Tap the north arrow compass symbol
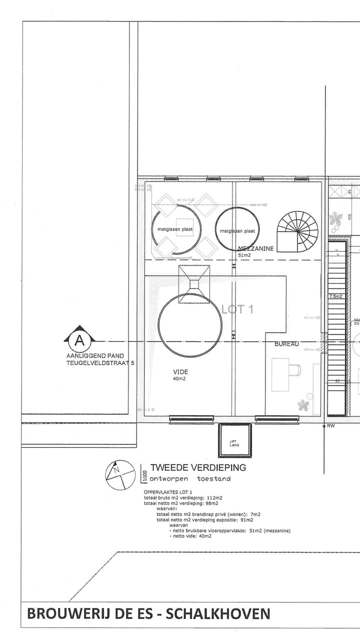pos(120,474)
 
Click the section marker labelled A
pos(78,340)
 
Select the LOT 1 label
pos(237,309)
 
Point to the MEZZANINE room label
pos(255,248)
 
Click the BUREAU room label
pos(286,344)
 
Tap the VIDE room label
pos(180,372)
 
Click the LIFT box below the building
pos(234,440)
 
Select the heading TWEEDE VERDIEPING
pos(198,468)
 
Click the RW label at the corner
pos(331,426)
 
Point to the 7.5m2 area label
pos(335,297)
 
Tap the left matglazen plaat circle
pos(172,229)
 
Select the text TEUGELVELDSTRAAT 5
pos(100,364)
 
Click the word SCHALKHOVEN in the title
pos(217,614)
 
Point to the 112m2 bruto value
pos(214,498)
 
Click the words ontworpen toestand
pos(190,479)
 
